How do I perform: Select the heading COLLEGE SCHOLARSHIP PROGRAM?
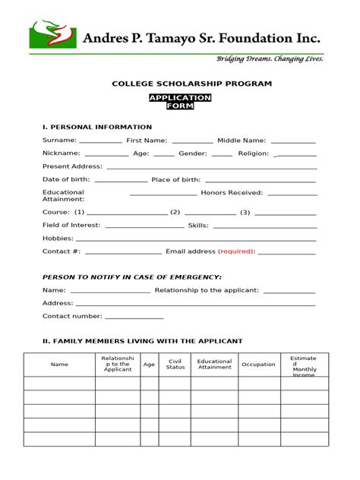tap(180, 84)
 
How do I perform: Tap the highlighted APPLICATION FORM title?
tap(180, 103)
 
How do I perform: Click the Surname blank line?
tap(100, 142)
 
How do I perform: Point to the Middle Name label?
tap(242, 141)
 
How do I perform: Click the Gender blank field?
tap(222, 155)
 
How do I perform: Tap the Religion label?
tap(253, 153)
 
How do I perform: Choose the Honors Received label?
tap(232, 193)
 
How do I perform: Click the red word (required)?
tap(236, 251)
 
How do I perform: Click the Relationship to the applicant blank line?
tap(289, 292)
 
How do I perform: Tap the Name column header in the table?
tap(59, 365)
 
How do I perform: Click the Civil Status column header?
tap(175, 365)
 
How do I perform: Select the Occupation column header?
tap(258, 365)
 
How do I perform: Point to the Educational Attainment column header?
tap(215, 365)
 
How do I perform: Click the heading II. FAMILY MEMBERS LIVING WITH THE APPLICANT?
tap(143, 341)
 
